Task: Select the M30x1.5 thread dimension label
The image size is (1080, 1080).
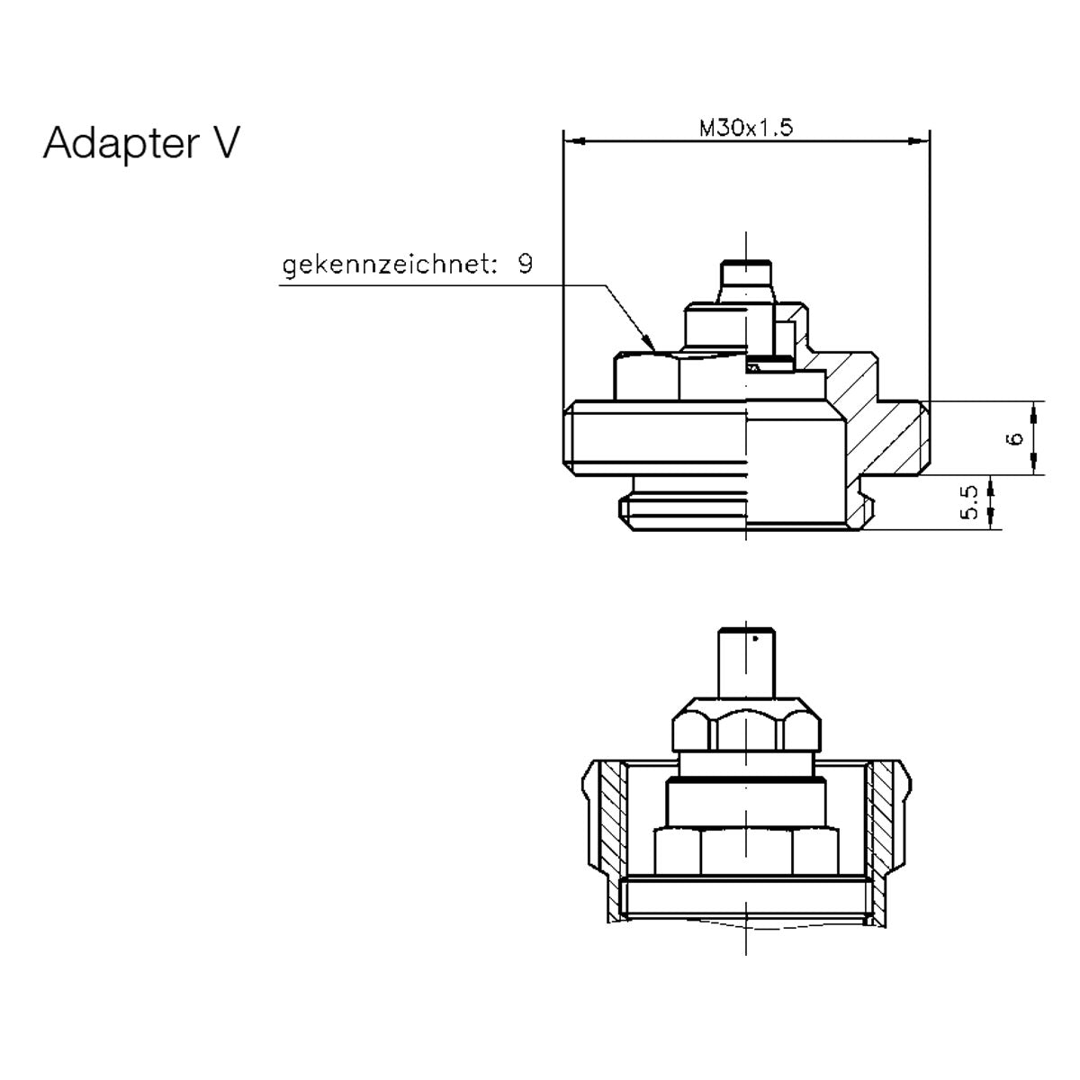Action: pyautogui.click(x=745, y=129)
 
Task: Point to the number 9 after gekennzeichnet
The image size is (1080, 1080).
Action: pyautogui.click(x=525, y=265)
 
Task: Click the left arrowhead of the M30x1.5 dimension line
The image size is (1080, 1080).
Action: pyautogui.click(x=573, y=141)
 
